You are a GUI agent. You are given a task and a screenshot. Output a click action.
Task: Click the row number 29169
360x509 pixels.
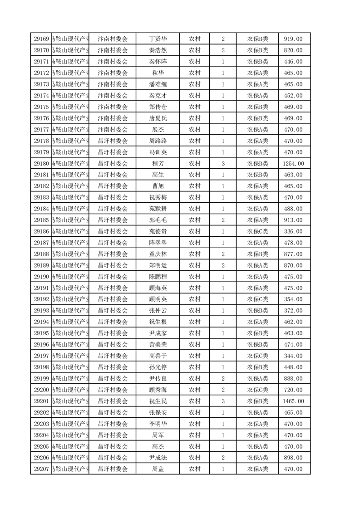(x=41, y=39)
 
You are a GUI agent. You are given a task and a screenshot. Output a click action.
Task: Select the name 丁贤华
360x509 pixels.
(x=158, y=39)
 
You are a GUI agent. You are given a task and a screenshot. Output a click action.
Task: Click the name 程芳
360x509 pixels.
(x=158, y=163)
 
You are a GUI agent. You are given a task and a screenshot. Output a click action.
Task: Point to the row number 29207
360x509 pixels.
(x=41, y=469)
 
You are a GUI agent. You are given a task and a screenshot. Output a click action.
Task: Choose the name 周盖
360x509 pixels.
(x=158, y=469)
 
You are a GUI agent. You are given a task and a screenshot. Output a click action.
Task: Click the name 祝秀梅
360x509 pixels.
(x=158, y=197)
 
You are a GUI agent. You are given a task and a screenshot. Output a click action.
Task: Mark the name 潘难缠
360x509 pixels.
(x=158, y=84)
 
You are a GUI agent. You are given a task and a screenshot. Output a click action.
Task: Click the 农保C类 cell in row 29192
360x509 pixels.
(x=257, y=299)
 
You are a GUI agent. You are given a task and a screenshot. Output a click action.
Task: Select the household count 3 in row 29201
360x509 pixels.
(x=223, y=401)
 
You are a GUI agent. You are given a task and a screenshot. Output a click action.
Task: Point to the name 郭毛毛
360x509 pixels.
(x=158, y=220)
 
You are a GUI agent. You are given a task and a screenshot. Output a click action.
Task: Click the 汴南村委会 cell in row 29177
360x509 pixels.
(x=113, y=129)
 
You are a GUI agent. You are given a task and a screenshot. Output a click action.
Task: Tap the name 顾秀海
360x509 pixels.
(x=158, y=390)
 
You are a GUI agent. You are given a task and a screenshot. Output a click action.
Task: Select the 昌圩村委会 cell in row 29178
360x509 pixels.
(x=113, y=141)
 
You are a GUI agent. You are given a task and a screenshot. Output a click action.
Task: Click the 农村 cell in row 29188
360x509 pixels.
(x=194, y=254)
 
